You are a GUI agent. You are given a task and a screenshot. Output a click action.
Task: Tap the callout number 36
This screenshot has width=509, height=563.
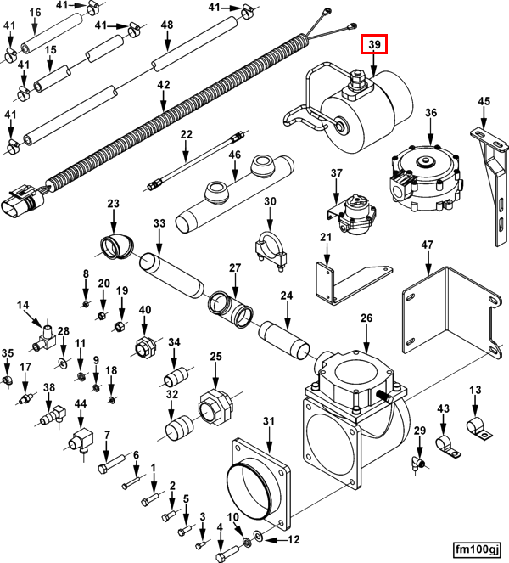click(431, 113)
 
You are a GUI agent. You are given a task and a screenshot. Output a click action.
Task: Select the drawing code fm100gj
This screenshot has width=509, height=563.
click(476, 548)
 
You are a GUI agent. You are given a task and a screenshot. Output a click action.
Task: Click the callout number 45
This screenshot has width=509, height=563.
click(484, 102)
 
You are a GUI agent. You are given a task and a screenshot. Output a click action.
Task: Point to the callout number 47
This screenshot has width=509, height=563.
click(428, 245)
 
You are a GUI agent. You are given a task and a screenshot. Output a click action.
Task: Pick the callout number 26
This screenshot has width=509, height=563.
click(366, 318)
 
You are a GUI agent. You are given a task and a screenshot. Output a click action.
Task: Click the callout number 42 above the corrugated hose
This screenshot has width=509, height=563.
click(164, 85)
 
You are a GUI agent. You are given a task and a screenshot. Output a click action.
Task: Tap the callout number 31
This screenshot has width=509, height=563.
click(269, 421)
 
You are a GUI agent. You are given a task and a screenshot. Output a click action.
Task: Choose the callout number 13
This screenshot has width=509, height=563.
click(475, 390)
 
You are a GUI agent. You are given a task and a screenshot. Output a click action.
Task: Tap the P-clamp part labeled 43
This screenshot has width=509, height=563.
click(443, 444)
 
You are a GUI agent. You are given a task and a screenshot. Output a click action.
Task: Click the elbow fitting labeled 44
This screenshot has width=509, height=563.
click(81, 440)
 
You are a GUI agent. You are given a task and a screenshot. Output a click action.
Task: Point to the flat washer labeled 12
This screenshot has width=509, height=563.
click(258, 539)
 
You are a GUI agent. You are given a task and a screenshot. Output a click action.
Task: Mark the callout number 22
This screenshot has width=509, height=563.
click(187, 134)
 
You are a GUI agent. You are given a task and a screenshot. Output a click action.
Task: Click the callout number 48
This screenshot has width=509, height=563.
click(167, 25)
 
